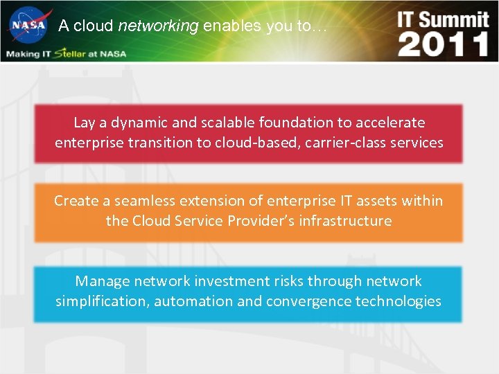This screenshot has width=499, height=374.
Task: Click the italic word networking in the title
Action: tap(159, 26)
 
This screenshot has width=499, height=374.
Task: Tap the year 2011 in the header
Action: tap(444, 44)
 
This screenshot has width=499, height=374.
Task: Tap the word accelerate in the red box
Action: tap(391, 123)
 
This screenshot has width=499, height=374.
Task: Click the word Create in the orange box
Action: tap(76, 201)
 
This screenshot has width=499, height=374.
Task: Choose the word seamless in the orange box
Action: tap(144, 201)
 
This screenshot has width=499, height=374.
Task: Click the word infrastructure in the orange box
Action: tap(345, 221)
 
